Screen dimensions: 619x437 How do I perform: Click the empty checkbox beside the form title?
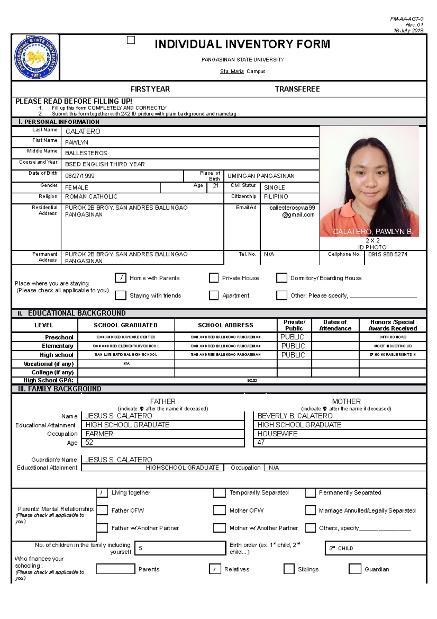click(131, 40)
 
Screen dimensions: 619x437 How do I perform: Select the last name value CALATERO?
click(83, 132)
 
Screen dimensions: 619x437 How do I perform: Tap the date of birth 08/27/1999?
click(80, 176)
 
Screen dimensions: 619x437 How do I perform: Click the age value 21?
click(216, 186)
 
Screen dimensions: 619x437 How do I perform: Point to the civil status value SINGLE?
click(274, 187)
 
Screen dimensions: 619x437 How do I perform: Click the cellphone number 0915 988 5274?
click(387, 254)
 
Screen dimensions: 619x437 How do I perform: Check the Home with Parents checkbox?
click(121, 278)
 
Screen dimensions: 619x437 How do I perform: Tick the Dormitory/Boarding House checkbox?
click(282, 278)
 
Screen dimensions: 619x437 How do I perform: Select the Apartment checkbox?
click(214, 295)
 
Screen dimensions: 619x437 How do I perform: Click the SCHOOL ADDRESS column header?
click(225, 325)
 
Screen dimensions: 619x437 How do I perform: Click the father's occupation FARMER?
click(99, 434)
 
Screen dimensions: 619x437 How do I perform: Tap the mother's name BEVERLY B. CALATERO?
click(295, 416)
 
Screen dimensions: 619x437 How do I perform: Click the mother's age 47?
click(261, 443)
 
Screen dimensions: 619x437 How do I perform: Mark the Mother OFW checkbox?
click(219, 510)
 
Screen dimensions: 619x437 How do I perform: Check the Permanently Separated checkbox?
click(310, 493)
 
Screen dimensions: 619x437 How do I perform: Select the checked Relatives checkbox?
click(215, 569)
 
